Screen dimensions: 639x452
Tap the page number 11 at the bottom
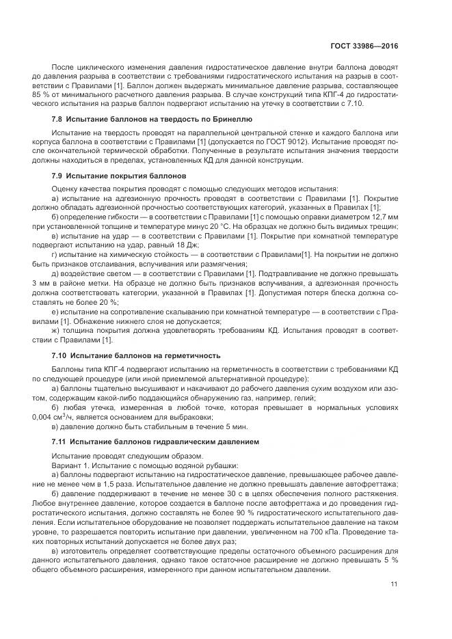coord(394,584)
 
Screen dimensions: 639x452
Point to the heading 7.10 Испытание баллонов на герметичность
coord(136,355)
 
